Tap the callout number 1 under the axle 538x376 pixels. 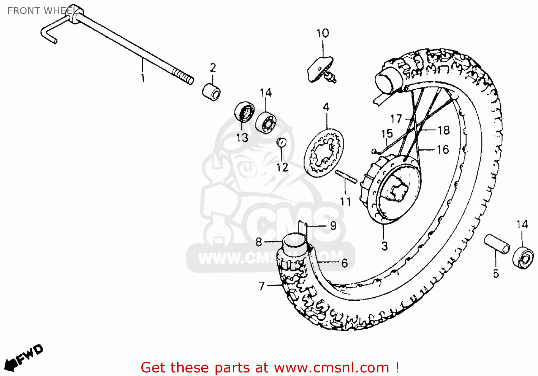143,77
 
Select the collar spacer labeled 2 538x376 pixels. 211,92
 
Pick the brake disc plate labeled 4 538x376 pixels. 324,153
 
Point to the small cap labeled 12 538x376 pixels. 282,142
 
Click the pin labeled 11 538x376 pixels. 346,177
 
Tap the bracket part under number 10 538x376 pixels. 320,70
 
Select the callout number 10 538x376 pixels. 322,33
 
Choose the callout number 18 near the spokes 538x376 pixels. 444,130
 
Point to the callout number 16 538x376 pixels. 443,150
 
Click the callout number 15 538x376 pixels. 387,134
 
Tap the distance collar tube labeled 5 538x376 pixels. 497,244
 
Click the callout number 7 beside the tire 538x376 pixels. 261,286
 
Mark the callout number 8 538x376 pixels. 259,242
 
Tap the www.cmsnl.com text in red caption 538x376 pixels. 331,368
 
